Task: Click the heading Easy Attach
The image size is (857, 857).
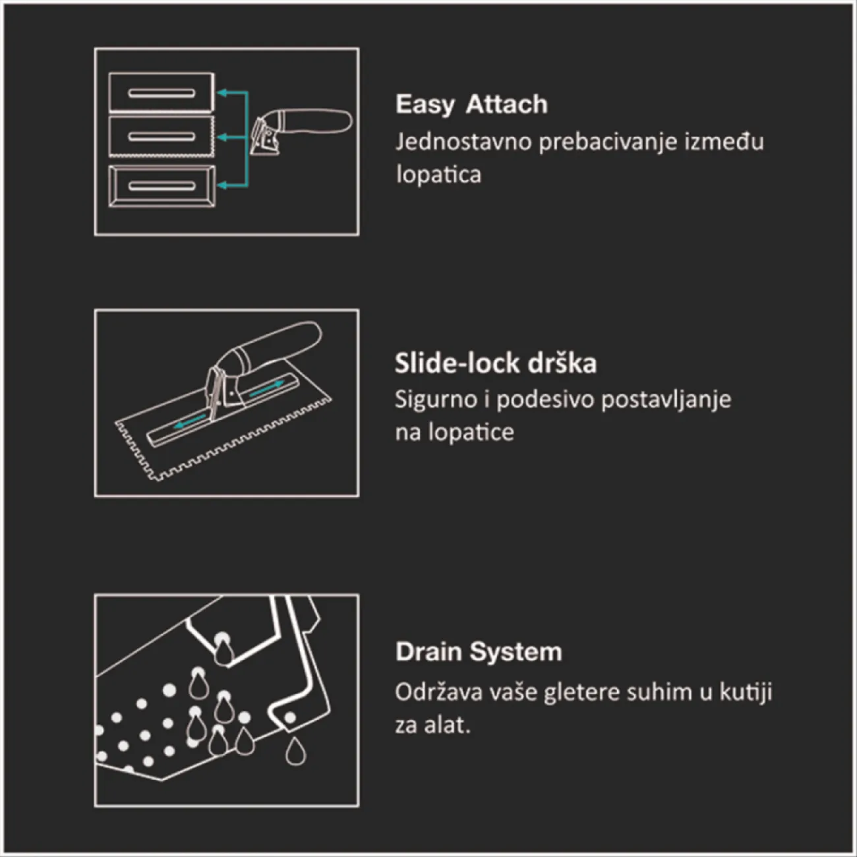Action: pos(471,105)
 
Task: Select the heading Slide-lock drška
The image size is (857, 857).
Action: pos(496,363)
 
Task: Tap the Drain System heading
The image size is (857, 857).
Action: pos(479,652)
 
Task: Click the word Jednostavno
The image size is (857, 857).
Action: pos(463,142)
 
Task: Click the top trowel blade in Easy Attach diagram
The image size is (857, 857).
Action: pos(162,92)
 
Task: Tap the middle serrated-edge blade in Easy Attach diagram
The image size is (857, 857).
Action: pos(162,136)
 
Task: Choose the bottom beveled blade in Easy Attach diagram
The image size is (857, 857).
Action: pos(162,186)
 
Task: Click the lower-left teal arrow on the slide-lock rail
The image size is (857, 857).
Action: pos(190,422)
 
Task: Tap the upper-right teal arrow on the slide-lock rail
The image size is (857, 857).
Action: pos(266,388)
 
